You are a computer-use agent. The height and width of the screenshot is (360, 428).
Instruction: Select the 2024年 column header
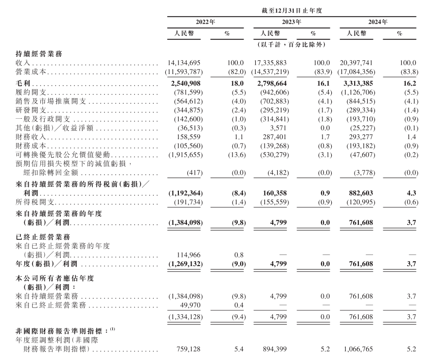378,22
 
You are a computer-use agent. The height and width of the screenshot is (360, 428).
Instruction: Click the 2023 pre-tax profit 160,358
277,194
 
